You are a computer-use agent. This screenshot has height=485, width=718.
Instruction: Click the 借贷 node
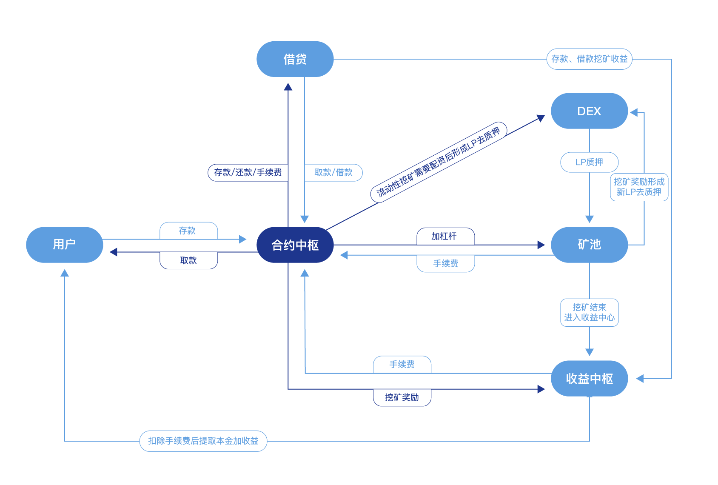point(295,59)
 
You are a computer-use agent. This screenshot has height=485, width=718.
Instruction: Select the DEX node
point(589,111)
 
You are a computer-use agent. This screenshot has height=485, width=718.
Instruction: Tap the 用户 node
point(64,245)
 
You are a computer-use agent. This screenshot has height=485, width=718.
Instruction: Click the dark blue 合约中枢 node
point(295,245)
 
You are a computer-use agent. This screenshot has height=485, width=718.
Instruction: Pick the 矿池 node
point(589,245)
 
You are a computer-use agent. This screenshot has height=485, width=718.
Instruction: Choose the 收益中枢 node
point(589,379)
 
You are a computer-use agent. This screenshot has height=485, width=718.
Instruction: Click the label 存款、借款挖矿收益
point(589,59)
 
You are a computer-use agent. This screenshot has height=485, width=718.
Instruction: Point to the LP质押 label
point(589,162)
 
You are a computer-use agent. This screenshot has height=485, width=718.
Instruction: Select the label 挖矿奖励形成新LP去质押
point(639,187)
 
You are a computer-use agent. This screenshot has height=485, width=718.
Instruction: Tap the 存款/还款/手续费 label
point(248,172)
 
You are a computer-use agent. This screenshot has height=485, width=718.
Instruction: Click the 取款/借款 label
point(333,172)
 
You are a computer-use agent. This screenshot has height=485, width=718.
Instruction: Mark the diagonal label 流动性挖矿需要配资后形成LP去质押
point(439,162)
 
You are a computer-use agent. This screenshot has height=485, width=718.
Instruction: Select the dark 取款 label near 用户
point(188,260)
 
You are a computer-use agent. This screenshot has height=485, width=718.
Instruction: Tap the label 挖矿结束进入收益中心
point(589,312)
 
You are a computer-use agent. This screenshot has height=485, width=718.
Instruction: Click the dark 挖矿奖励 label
point(402,397)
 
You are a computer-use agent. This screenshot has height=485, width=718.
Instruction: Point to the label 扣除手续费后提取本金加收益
point(203,441)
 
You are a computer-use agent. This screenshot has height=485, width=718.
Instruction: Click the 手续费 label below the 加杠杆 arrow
point(445,263)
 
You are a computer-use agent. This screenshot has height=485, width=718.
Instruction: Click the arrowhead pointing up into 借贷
point(288,87)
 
